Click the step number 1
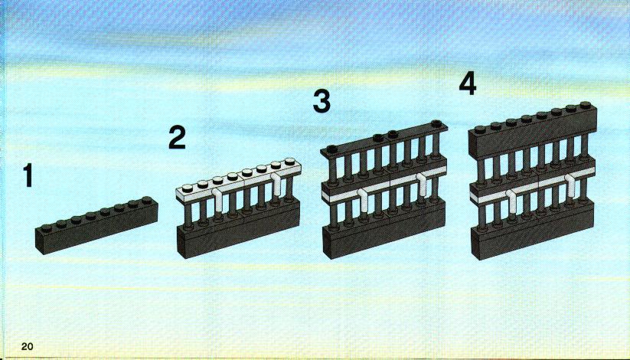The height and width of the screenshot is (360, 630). (28, 175)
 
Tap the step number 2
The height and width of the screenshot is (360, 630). (177, 137)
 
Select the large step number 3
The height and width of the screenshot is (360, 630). (322, 101)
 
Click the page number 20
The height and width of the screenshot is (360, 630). (28, 346)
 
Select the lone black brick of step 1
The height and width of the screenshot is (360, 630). (96, 225)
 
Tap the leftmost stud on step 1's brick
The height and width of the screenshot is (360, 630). (45, 228)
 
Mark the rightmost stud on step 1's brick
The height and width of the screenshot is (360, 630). (147, 199)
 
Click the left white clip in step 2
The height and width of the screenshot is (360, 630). (217, 199)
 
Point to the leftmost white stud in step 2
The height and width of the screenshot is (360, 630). (188, 188)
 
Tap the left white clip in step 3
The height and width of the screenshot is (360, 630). (363, 200)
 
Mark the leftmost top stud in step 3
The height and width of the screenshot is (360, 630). (331, 149)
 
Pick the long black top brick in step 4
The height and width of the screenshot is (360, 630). (533, 131)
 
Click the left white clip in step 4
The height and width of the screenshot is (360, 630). (512, 199)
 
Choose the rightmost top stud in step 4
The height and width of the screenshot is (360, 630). (585, 106)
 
